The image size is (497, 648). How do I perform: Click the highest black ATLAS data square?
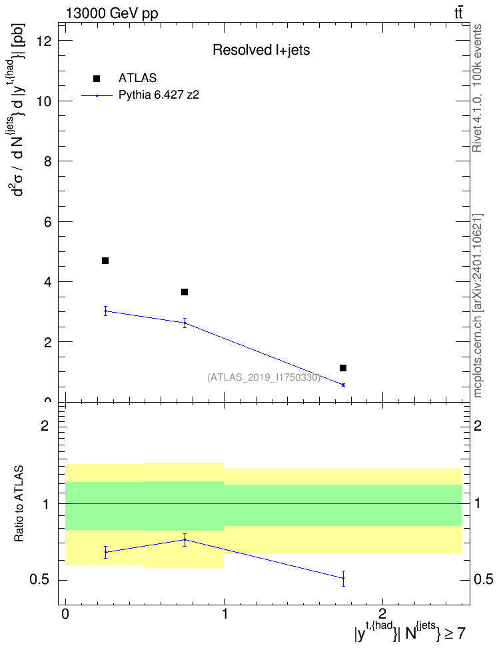105,261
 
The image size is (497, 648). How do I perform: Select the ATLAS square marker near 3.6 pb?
185,292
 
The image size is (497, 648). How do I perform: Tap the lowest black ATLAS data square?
343,368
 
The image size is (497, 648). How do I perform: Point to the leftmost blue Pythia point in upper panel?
106,311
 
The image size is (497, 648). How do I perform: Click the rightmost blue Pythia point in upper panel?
343,385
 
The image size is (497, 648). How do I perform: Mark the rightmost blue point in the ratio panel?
343,578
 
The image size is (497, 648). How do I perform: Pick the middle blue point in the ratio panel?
185,540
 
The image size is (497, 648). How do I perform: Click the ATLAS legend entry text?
137,78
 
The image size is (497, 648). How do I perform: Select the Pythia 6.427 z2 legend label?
159,95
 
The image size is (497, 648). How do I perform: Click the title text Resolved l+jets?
261,50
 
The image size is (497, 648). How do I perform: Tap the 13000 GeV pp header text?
112,13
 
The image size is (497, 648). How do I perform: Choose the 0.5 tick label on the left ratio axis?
39,580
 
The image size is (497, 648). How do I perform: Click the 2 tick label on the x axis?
382,614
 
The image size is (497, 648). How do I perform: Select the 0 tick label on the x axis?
65,614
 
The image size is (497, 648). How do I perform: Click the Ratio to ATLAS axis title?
19,504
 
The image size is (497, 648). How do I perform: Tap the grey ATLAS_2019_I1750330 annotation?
264,377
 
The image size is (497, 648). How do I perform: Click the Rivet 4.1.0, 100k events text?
477,88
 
